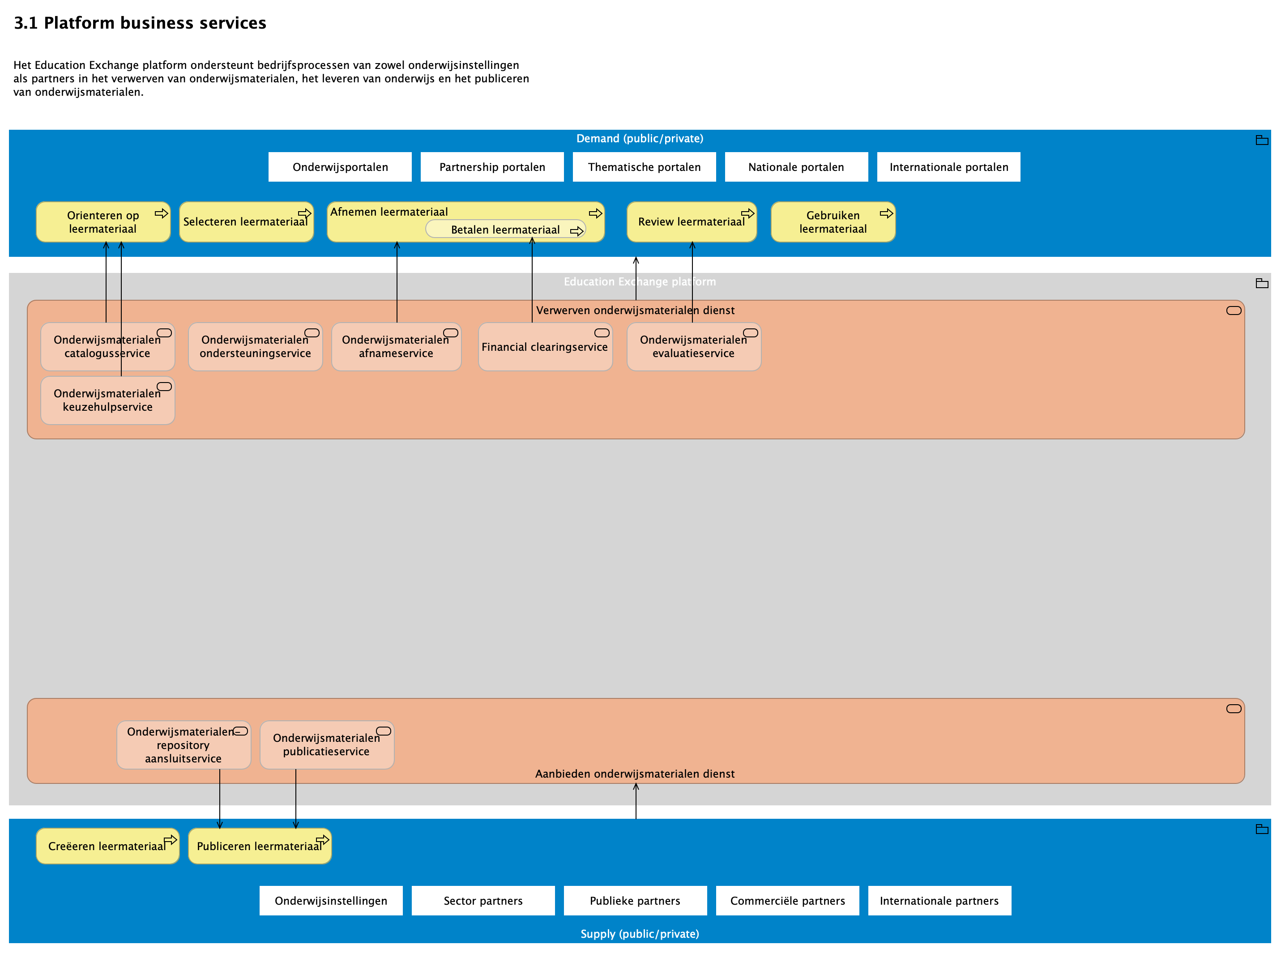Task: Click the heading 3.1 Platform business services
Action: tap(140, 23)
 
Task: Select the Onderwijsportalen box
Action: tap(340, 167)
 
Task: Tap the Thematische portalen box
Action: tap(644, 167)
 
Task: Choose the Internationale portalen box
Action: tap(948, 167)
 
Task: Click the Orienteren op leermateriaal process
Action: tap(102, 222)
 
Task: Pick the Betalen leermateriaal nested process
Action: tap(505, 230)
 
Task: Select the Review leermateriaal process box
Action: tap(691, 222)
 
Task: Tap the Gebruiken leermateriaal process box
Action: tap(832, 222)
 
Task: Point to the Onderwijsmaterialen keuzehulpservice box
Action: tap(107, 400)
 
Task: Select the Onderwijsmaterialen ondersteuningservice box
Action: tap(255, 347)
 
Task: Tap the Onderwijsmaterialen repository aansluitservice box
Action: tap(183, 745)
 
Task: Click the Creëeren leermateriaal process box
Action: tap(107, 846)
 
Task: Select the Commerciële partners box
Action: tap(787, 901)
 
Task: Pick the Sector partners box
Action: tap(483, 901)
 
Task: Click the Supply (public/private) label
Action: tap(639, 934)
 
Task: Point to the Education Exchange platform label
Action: tap(639, 281)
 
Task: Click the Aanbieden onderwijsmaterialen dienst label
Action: tap(635, 774)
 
